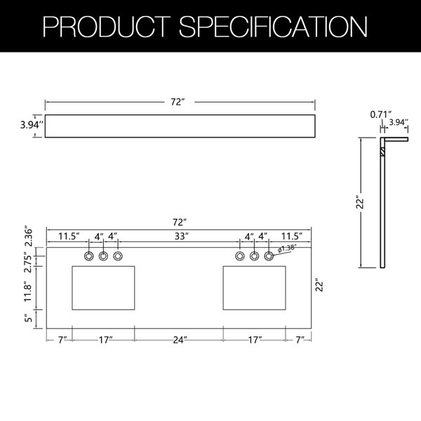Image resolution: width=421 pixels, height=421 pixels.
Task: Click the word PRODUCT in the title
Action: click(112, 27)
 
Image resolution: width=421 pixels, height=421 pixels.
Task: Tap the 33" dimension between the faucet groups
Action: click(182, 236)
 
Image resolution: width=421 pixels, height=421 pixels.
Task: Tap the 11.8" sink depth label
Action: click(29, 289)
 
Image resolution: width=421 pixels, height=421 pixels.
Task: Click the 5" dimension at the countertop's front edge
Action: click(29, 318)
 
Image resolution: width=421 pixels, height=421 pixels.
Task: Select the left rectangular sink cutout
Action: click(104, 288)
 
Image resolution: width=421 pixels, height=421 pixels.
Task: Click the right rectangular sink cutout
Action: click(254, 288)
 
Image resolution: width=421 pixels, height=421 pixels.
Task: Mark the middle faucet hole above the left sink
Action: click(103, 255)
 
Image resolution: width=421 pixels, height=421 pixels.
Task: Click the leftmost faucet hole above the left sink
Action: click(89, 255)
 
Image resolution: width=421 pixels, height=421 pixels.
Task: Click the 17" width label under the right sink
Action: click(254, 340)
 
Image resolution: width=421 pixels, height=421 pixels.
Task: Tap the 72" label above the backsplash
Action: click(178, 103)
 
